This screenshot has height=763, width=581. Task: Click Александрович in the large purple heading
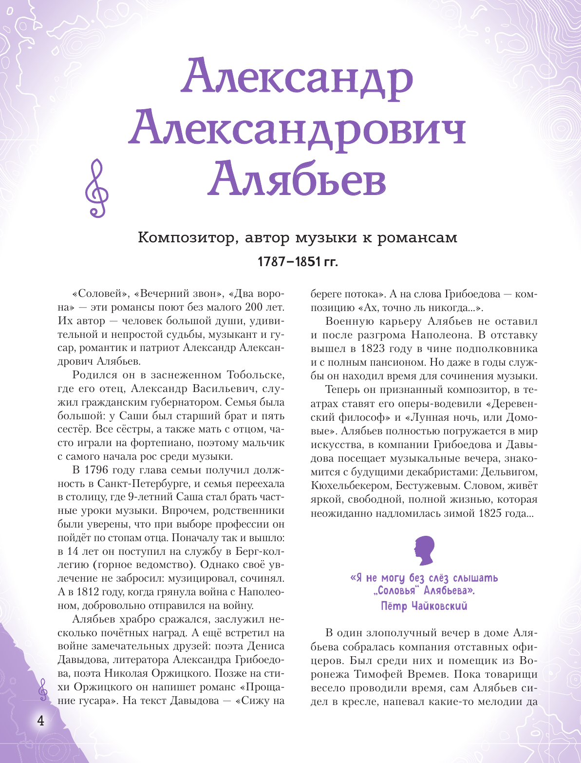point(297,128)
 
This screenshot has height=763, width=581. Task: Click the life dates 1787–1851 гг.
point(297,262)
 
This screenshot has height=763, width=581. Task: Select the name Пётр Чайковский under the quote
point(424,606)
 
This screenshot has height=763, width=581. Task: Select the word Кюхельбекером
point(351,486)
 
